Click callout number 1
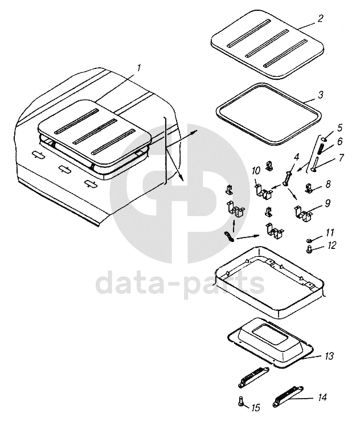tap(139, 68)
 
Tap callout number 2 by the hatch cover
tap(321, 18)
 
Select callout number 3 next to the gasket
tap(321, 95)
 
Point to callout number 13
tap(329, 356)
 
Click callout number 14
tap(322, 397)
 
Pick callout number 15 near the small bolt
tap(256, 408)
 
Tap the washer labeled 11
tap(309, 240)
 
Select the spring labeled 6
tap(321, 148)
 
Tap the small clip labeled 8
tap(310, 188)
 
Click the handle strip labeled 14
tap(288, 396)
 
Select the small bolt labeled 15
tap(240, 400)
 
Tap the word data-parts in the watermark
tap(180, 283)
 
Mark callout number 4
tap(297, 157)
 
